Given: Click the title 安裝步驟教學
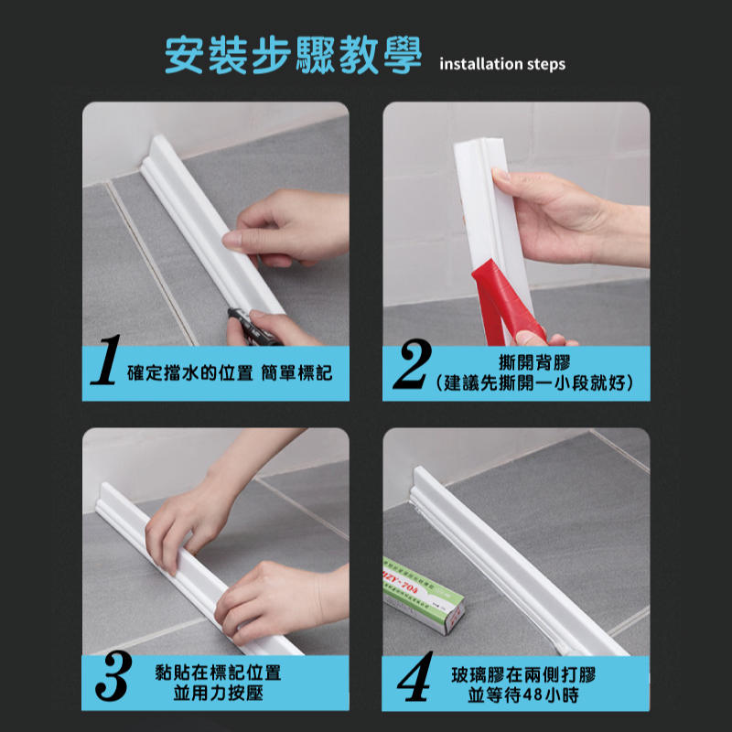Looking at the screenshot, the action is (x=293, y=57).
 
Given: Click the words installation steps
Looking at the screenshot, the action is (x=502, y=64).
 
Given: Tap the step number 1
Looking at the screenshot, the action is (x=107, y=371).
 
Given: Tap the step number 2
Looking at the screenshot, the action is (x=408, y=371).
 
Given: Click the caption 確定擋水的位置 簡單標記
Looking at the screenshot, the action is (x=229, y=372).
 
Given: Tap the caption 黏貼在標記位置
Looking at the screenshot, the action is (x=219, y=673).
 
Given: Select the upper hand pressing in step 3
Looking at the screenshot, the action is (x=197, y=512).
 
